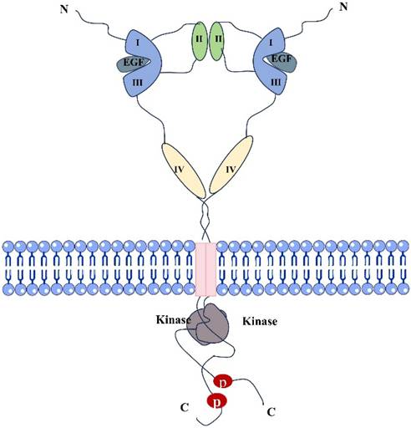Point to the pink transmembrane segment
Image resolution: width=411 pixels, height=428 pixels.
(x=205, y=268)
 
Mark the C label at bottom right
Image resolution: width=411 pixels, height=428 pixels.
(x=271, y=412)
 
